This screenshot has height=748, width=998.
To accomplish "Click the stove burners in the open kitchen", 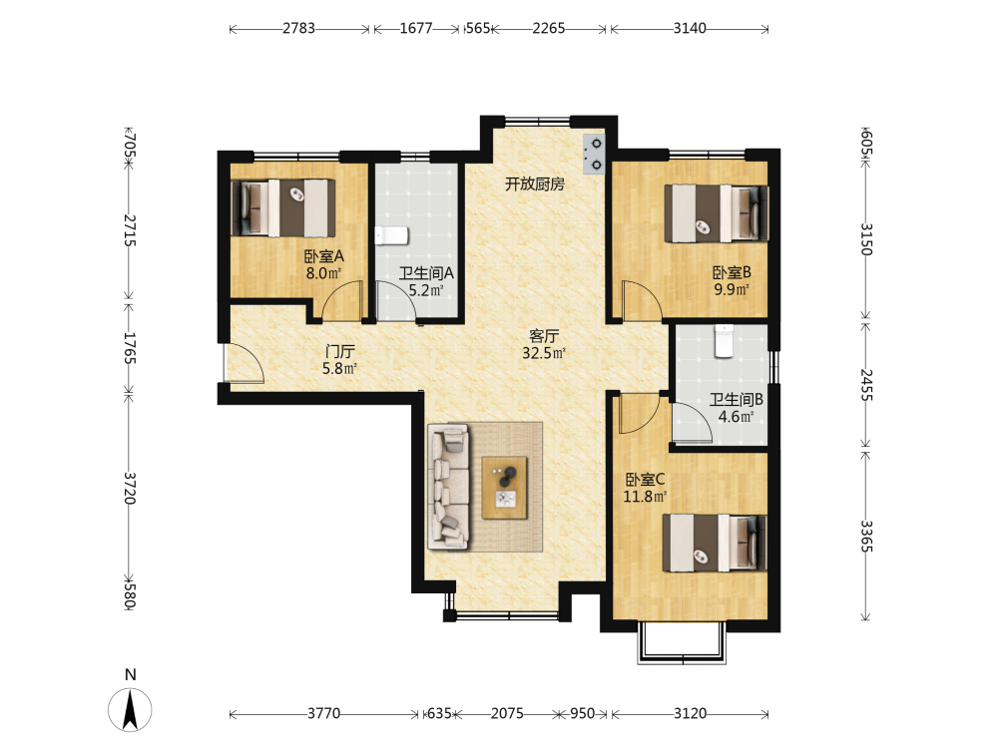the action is [593, 154].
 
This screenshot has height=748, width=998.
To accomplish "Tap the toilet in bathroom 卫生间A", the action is [391, 236].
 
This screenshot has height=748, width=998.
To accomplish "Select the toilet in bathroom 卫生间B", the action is [724, 341].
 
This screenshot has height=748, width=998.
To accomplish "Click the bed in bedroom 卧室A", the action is [283, 208].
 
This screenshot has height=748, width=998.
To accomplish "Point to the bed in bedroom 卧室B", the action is [716, 213].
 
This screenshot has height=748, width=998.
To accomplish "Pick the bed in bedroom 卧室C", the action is [715, 543].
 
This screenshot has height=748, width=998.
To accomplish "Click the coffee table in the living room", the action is [505, 488].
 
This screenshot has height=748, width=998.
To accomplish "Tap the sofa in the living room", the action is [449, 488].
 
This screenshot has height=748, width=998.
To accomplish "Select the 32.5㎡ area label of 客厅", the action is [544, 354].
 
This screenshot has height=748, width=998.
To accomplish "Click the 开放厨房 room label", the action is [535, 185].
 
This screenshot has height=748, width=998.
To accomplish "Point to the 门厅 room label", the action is [340, 351].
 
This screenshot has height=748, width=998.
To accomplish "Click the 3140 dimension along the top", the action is [690, 28].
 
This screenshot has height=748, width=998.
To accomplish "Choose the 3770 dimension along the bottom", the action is [324, 714].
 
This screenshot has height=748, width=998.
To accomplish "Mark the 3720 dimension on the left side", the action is [129, 488].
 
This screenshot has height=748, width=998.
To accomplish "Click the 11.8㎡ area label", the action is [645, 497].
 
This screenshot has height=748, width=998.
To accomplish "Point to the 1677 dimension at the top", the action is [416, 28].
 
